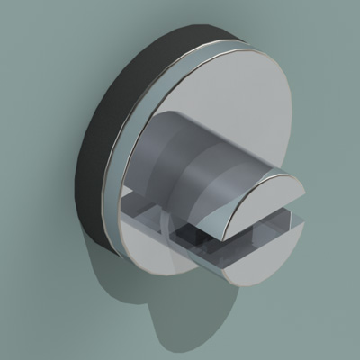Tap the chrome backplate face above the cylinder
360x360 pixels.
pos(225,81)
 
